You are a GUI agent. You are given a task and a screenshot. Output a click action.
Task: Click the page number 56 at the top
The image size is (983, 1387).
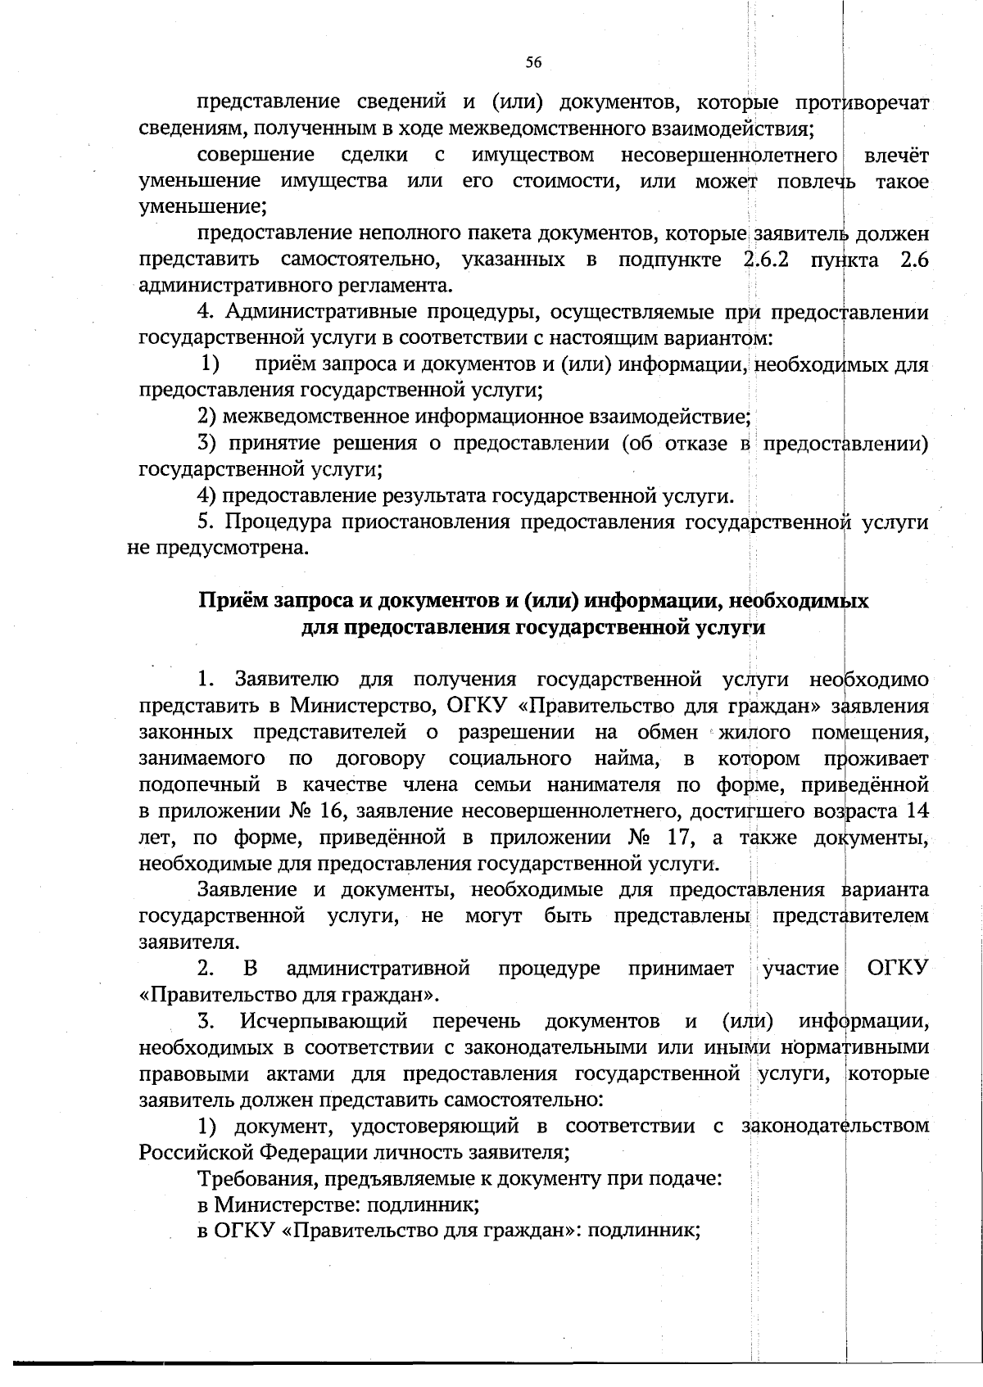point(533,62)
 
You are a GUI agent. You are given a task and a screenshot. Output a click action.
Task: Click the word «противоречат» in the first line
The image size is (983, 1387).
point(862,102)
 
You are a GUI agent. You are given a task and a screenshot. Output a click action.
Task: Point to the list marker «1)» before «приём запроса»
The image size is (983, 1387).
point(211,364)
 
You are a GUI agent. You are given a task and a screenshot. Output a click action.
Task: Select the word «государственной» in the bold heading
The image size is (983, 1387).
point(612,627)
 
